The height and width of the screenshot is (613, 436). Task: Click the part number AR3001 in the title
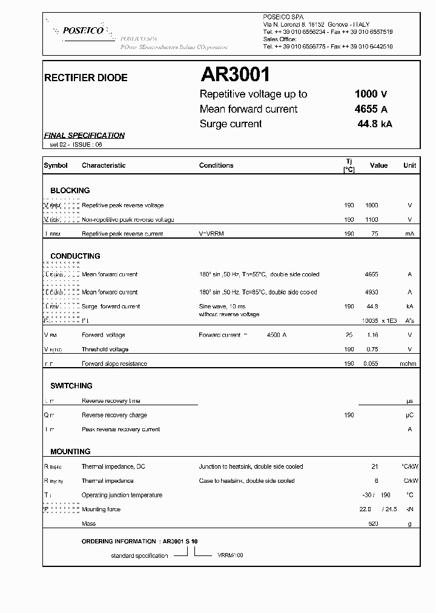point(235,75)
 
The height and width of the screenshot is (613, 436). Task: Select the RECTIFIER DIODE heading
point(86,78)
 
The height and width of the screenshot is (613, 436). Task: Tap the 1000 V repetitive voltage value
point(371,94)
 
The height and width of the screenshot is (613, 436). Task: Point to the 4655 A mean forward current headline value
point(371,109)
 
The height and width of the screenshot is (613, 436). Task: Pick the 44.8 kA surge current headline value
point(375,124)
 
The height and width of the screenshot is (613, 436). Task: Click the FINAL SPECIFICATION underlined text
point(85,136)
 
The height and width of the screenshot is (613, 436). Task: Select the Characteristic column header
point(104,165)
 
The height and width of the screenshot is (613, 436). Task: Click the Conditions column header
point(216,165)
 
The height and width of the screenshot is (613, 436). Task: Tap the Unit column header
point(410,165)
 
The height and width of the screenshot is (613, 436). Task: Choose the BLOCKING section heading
point(70,190)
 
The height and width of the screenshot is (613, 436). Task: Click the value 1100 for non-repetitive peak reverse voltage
point(371,220)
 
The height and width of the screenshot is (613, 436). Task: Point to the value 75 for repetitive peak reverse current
point(374,234)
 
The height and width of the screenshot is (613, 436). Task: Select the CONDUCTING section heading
point(75,256)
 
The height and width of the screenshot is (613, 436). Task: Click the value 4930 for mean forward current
point(371,292)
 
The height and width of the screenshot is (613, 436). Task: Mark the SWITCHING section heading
point(71,386)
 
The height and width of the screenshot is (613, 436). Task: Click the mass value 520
point(373,523)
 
